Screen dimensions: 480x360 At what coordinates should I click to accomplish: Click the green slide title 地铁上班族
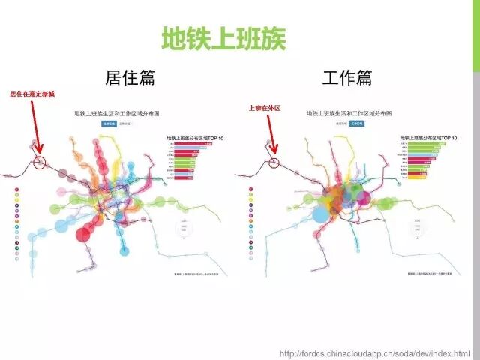[x=224, y=38]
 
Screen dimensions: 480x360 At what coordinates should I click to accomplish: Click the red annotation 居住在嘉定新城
[x=32, y=94]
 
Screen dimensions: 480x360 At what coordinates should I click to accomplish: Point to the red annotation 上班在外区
[x=264, y=108]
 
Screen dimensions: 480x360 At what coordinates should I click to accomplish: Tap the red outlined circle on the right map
[x=274, y=163]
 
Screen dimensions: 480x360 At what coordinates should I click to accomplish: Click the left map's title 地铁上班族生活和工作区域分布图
[x=117, y=113]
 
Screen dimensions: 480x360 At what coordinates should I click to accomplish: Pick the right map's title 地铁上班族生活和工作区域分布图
[x=349, y=113]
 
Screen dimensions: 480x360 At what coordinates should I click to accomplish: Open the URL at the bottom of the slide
[x=374, y=353]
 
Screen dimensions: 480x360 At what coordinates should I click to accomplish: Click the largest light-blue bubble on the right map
[x=320, y=214]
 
